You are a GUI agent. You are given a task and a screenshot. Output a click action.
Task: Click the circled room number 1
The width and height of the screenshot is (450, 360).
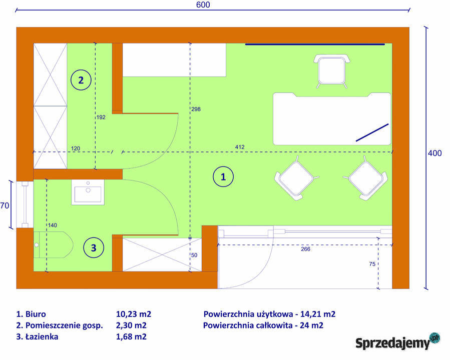tap(223, 176)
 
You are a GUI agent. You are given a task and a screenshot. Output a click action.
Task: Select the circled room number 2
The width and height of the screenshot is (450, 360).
tap(81, 79)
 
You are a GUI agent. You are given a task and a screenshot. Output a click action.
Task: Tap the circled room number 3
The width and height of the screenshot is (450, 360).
tap(94, 246)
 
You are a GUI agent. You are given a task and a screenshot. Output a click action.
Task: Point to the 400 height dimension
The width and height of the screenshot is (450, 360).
tap(434, 153)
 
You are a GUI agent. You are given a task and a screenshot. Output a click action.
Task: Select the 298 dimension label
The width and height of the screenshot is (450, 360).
tap(196, 109)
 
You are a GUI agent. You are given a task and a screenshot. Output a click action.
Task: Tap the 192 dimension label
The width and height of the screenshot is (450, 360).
tap(101, 117)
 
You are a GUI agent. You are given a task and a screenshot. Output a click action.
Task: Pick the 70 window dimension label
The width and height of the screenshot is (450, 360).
tap(5, 205)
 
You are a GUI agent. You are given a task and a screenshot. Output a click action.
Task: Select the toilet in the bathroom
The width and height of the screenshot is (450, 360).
tap(53, 245)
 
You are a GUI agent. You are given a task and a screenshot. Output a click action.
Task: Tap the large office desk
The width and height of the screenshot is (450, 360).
tap(332, 118)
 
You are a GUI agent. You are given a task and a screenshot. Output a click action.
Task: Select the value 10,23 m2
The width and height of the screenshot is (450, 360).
tap(133, 314)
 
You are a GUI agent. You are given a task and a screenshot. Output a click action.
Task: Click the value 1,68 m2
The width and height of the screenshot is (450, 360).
tap(131, 336)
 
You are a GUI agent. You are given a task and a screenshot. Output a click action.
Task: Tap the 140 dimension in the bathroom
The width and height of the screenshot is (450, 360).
tap(53, 225)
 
